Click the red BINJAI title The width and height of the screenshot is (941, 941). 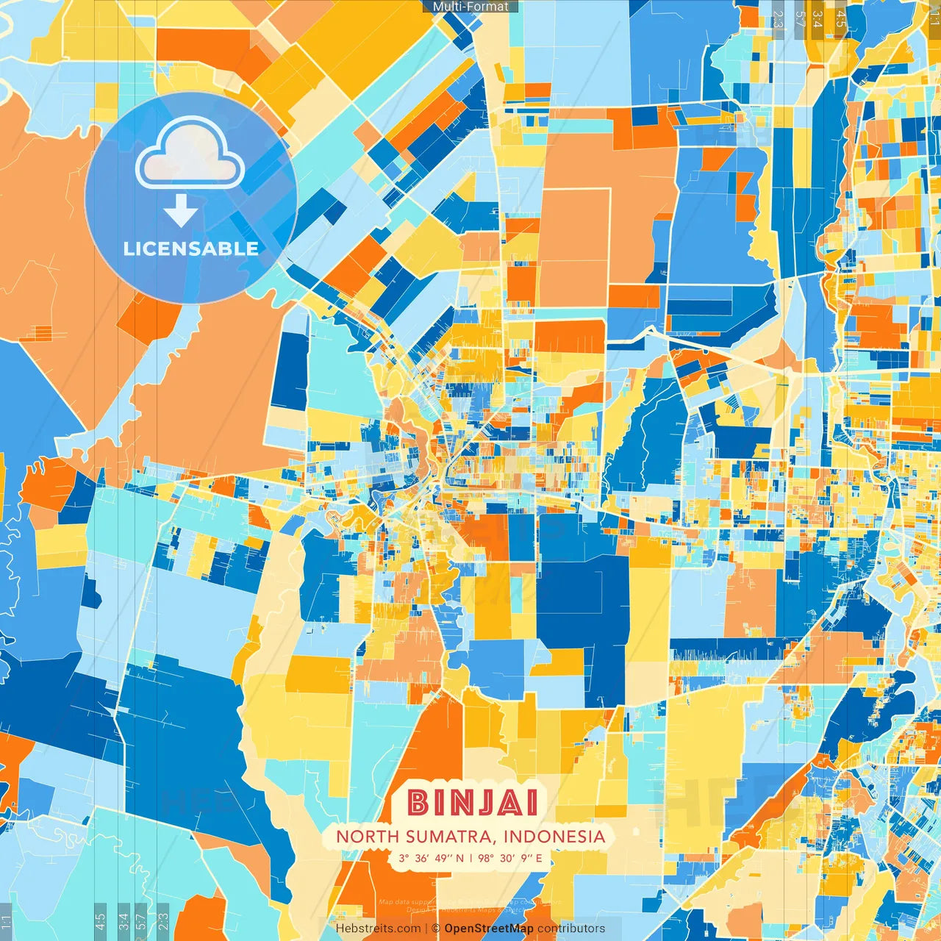tap(473, 802)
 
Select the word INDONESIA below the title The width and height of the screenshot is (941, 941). tap(554, 837)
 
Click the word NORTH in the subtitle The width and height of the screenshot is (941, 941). tap(362, 837)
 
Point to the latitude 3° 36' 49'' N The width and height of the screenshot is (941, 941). tap(432, 858)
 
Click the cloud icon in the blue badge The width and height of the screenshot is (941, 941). tap(190, 153)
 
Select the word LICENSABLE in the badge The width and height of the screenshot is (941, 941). tap(190, 248)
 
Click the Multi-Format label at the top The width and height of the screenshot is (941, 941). tap(470, 7)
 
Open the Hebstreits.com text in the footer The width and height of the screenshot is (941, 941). tap(378, 929)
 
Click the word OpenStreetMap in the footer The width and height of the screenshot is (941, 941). tap(489, 929)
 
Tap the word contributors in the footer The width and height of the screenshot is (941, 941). tap(571, 929)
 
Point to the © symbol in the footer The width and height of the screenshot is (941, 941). tap(436, 929)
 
